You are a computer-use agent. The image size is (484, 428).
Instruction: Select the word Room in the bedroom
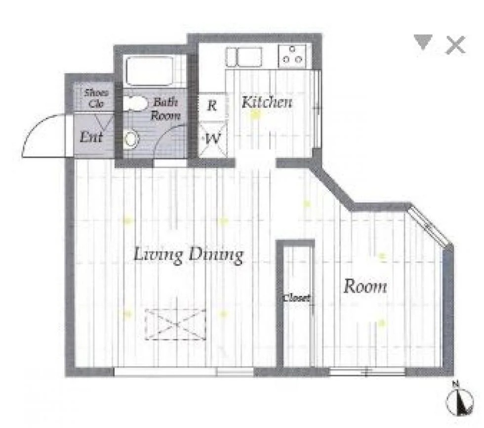tap(365, 286)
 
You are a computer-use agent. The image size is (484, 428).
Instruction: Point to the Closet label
tap(297, 298)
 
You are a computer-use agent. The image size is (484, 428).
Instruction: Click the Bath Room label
tap(165, 108)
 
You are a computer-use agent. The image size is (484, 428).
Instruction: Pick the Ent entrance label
tap(91, 137)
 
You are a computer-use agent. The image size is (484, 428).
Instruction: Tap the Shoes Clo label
tap(97, 98)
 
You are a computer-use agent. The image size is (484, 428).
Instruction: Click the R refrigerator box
tap(212, 106)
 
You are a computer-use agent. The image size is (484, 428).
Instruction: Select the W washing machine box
tap(212, 139)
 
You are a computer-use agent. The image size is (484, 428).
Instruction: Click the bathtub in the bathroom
tap(149, 71)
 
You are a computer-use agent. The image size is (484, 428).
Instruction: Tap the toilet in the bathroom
tap(131, 140)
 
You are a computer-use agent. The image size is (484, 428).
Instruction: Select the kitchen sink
tap(244, 57)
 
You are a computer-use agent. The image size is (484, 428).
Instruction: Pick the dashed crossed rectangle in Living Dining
tap(176, 325)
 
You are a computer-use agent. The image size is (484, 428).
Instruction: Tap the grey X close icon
tap(455, 45)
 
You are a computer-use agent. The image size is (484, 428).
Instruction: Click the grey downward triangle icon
tap(423, 42)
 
